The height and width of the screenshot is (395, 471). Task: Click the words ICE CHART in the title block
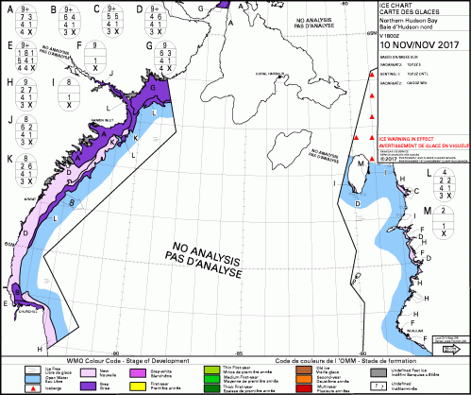pyautogui.click(x=396, y=9)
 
